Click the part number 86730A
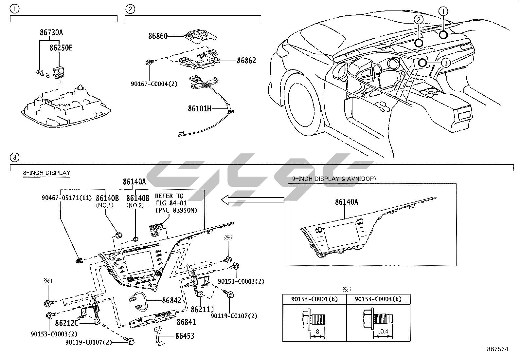pos(51,33)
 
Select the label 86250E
pos(61,48)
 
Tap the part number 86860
pos(158,36)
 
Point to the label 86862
pos(246,61)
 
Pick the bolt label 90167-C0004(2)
pos(154,84)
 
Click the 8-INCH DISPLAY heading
pos(46,173)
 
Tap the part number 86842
pos(171,300)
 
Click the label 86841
pos(186,322)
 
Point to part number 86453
pos(185,336)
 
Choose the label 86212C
pos(67,323)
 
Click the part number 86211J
pos(202,309)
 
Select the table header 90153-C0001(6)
pos(314,299)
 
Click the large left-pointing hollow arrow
pos(252,199)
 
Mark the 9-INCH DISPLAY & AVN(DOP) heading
pos(334,179)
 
